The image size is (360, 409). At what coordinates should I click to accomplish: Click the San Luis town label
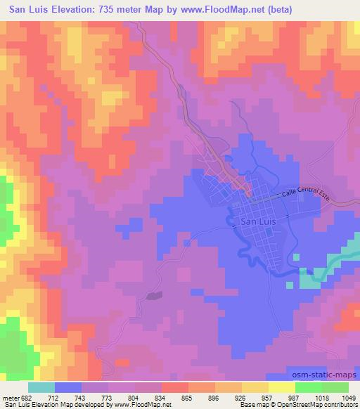point(254,221)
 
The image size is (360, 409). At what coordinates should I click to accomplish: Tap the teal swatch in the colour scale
point(41,387)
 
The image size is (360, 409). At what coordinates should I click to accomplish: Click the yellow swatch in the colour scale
point(282,387)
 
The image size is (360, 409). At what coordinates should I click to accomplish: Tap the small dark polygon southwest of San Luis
point(154,296)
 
